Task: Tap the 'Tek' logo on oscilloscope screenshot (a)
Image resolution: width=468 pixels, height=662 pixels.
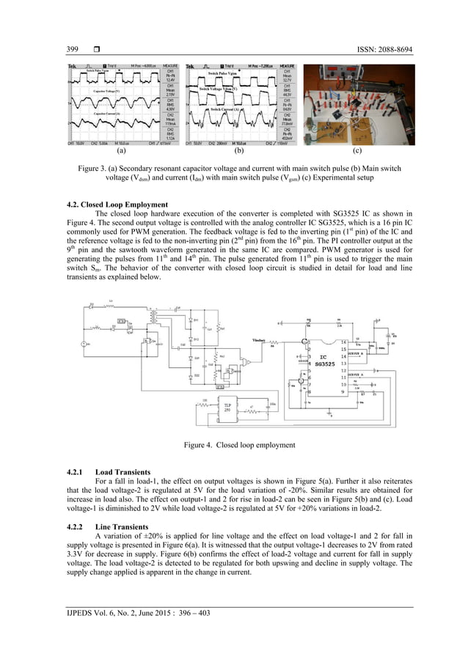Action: (73, 67)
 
